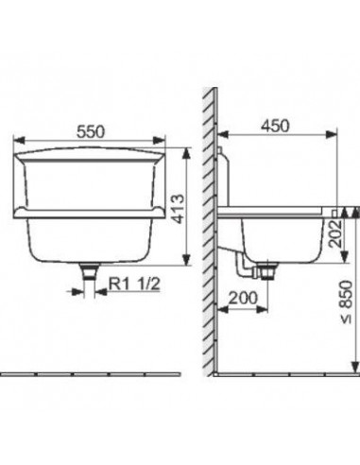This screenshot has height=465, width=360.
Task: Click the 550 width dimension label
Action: (91, 131)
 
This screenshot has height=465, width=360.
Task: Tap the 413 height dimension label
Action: (179, 209)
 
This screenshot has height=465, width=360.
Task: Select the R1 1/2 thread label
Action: (134, 284)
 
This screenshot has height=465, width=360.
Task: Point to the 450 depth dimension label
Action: (275, 126)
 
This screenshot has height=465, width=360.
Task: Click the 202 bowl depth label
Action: (335, 232)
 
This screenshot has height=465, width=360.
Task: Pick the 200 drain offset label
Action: (243, 298)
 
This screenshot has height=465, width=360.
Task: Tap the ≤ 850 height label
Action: (346, 301)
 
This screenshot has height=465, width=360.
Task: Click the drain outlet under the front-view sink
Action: (90, 272)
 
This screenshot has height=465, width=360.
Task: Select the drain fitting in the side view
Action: (267, 271)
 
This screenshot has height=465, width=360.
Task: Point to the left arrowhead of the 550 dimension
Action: (19, 141)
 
